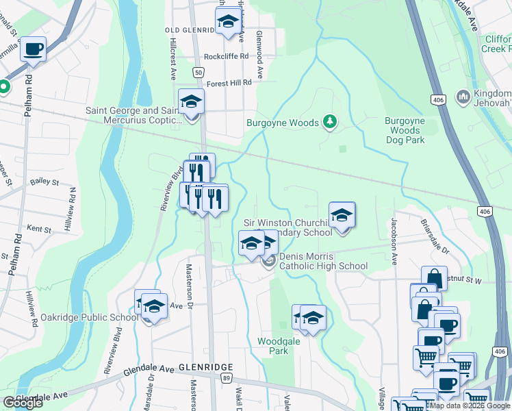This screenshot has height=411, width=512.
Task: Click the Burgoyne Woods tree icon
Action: point(330,122)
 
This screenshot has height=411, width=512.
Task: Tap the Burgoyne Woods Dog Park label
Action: point(405,130)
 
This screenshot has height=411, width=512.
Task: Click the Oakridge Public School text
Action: point(99,317)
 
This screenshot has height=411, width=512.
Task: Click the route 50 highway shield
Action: point(198,72)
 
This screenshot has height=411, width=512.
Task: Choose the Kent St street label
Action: point(39,227)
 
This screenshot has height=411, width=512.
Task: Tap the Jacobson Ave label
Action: point(395,242)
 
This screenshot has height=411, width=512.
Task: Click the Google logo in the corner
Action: point(23,403)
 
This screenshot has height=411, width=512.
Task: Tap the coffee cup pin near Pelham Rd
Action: point(33,50)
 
